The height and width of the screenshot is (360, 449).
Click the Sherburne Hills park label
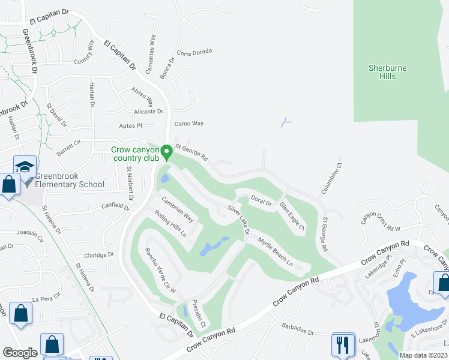[387, 72]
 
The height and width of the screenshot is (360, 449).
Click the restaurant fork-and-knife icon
[343, 344]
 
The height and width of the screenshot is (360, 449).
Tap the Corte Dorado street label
[194, 52]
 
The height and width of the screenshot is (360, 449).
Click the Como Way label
[189, 124]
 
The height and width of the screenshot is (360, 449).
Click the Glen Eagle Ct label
[292, 216]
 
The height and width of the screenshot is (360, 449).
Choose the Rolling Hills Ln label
[170, 223]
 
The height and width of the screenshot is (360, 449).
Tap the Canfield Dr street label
[116, 208]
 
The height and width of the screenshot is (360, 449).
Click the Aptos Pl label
[131, 126]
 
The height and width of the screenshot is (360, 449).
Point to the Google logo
[20, 353]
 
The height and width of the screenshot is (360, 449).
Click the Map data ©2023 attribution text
[423, 355]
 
